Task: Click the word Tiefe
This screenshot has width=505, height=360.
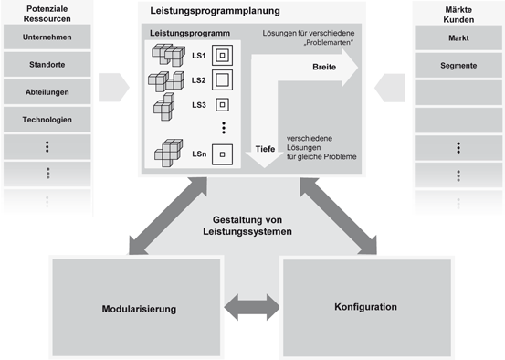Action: [x=266, y=148]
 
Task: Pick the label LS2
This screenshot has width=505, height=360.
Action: [x=198, y=80]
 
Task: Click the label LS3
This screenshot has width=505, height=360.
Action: [x=198, y=104]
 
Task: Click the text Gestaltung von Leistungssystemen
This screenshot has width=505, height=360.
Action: [x=252, y=226]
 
